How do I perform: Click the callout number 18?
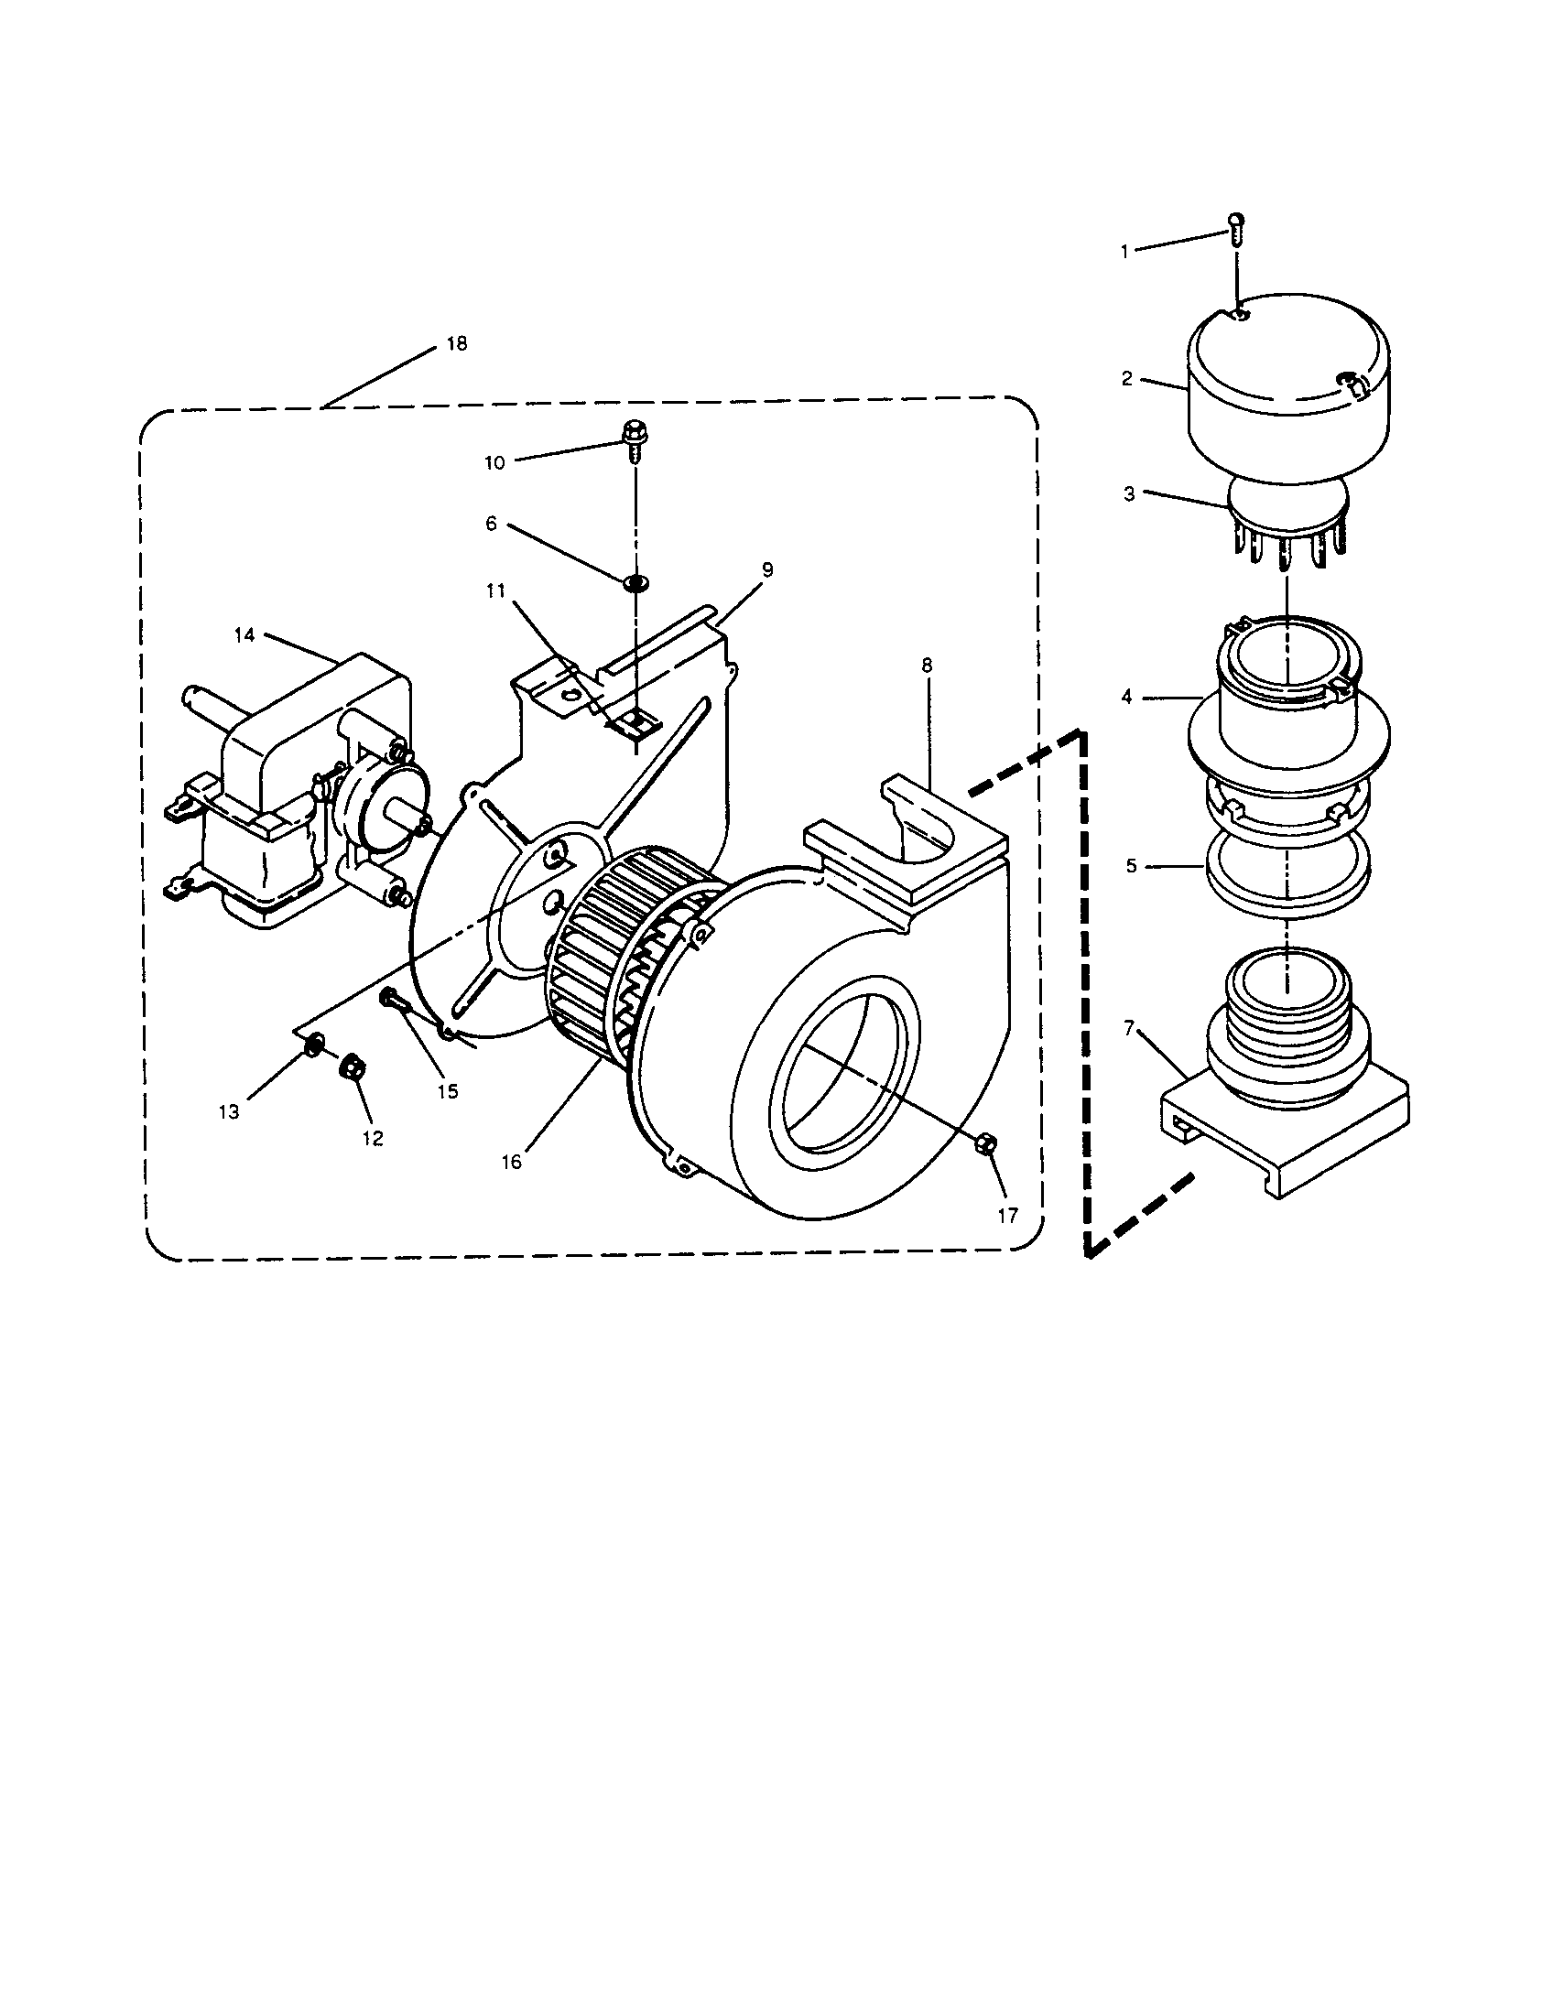[457, 344]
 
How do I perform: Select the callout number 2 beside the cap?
[1127, 379]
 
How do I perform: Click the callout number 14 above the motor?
[244, 635]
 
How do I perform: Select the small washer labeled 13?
[312, 1045]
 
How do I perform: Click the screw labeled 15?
[389, 998]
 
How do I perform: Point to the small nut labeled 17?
[984, 1144]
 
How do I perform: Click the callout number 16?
[512, 1162]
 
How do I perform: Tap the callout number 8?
[927, 665]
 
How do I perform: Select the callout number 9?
[767, 570]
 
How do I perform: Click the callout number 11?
[496, 590]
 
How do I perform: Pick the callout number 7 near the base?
[1130, 1027]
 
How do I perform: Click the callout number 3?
[1129, 494]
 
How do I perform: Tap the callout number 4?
[1127, 698]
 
